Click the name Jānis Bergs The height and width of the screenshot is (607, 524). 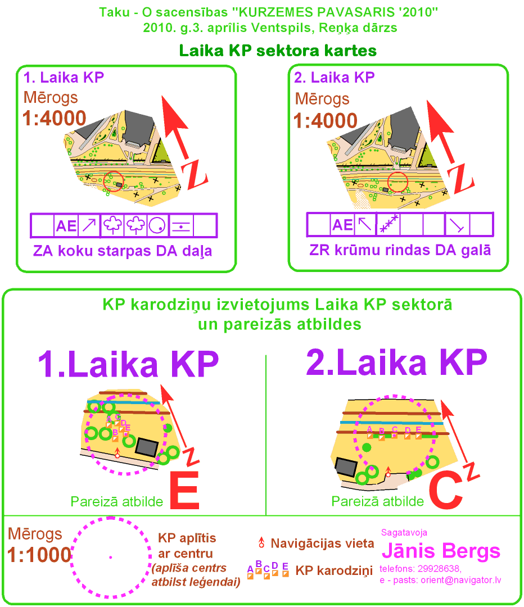pos(440,550)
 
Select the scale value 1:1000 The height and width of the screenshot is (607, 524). pos(39,555)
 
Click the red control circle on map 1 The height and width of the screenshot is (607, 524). pos(114,182)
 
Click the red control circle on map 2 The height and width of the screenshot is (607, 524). pos(398,182)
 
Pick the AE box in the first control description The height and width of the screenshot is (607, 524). pos(66,226)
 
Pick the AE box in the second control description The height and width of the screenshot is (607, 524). pos(342,225)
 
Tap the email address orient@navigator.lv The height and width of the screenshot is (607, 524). pos(460,580)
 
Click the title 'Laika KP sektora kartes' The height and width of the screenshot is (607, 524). pos(277,51)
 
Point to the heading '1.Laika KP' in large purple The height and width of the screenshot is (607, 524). pos(128,365)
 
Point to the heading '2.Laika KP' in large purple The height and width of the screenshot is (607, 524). pos(396,363)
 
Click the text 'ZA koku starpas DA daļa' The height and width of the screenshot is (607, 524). pos(123,251)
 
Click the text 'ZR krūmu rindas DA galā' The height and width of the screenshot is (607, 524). pos(400,250)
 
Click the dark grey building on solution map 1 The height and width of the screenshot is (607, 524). pos(148,447)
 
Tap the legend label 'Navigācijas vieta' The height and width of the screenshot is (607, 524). pos(322,543)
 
